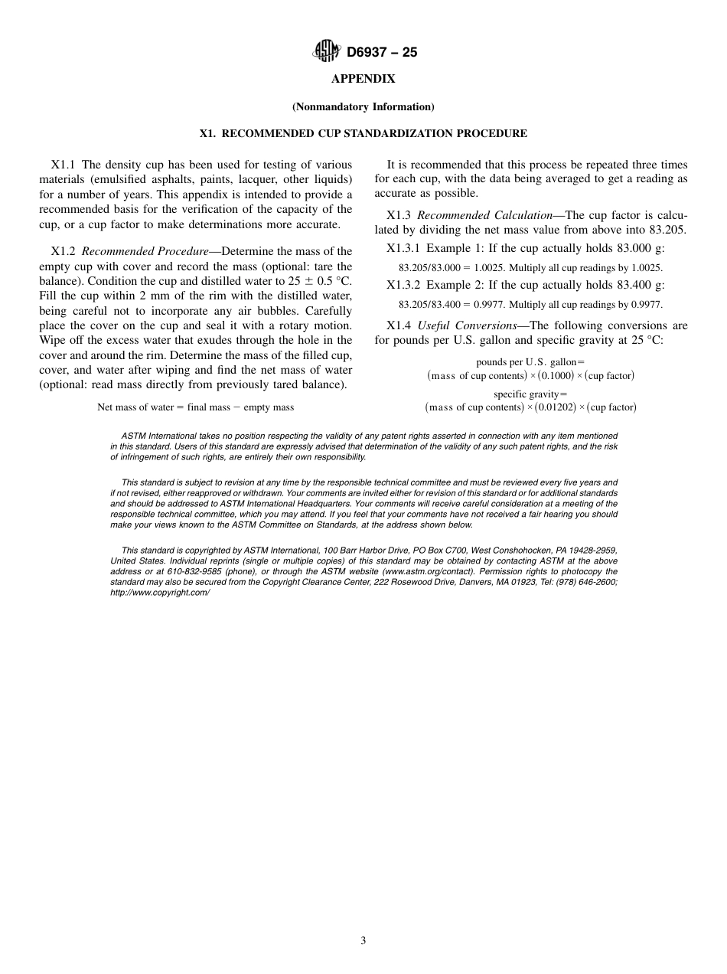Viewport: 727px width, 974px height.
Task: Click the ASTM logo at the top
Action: pos(326,52)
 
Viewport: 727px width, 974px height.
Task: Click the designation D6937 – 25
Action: pos(381,53)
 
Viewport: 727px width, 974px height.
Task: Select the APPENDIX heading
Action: pos(363,79)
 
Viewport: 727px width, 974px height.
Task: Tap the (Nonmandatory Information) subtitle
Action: pos(363,106)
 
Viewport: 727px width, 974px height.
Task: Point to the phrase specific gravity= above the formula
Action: pos(530,394)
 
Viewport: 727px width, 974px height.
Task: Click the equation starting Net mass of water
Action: pos(195,407)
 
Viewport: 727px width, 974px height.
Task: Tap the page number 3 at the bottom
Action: pos(363,941)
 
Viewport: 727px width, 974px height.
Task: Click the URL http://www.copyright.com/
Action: pos(160,593)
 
